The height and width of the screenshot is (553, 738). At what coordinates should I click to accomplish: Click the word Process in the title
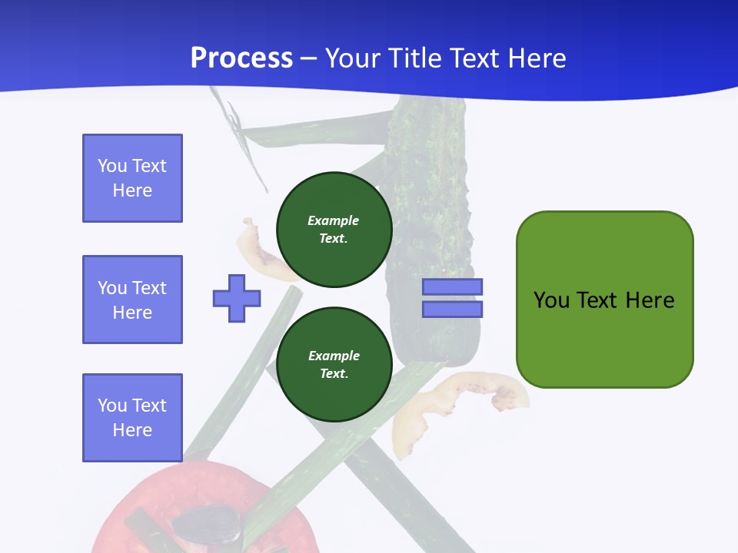pyautogui.click(x=241, y=58)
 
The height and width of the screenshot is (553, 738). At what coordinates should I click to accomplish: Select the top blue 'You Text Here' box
pyautogui.click(x=132, y=178)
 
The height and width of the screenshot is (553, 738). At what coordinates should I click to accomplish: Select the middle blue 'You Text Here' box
pyautogui.click(x=132, y=300)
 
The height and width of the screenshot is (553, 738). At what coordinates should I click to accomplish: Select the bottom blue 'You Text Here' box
pyautogui.click(x=132, y=418)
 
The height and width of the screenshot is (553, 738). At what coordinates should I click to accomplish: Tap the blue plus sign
pyautogui.click(x=237, y=298)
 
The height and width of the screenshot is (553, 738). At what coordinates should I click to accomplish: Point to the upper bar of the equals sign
pyautogui.click(x=452, y=287)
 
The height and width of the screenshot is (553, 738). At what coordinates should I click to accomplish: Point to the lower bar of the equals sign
pyautogui.click(x=452, y=310)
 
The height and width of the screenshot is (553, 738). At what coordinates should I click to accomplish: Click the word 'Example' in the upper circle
pyautogui.click(x=334, y=220)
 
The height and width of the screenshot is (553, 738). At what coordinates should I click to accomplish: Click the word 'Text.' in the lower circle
pyautogui.click(x=334, y=373)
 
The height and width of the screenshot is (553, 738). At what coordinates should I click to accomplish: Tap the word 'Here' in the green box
pyautogui.click(x=650, y=300)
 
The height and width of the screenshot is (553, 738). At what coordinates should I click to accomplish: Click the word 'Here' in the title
pyautogui.click(x=536, y=58)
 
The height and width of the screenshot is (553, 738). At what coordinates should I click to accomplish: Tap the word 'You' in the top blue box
pyautogui.click(x=111, y=166)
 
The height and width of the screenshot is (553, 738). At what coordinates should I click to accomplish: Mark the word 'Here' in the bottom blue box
pyautogui.click(x=132, y=430)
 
